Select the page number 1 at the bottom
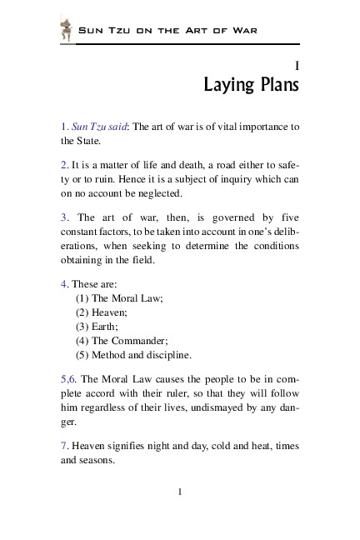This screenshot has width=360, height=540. point(180,491)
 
